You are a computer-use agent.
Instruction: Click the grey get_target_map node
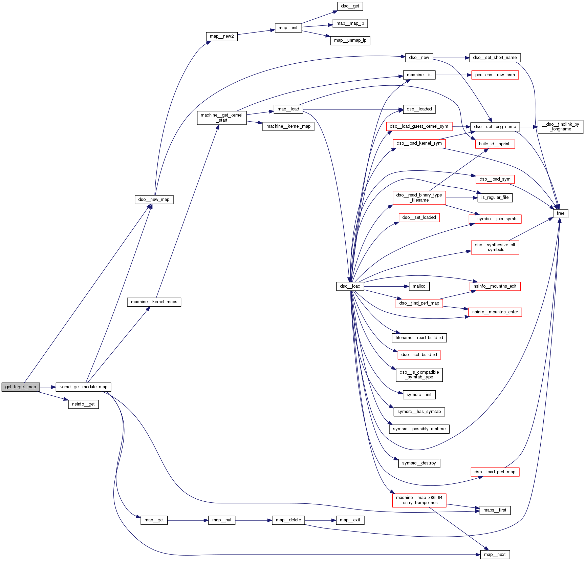click(21, 387)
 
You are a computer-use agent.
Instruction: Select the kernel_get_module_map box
click(83, 387)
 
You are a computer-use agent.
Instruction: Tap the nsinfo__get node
click(83, 404)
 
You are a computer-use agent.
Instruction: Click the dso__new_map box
click(154, 200)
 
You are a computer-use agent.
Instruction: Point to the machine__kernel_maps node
click(154, 302)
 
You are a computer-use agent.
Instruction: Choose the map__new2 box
click(222, 36)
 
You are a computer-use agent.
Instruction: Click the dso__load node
click(350, 286)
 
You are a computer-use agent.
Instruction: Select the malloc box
click(419, 286)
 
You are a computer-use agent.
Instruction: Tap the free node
click(560, 213)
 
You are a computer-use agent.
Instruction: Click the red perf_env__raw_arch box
click(495, 75)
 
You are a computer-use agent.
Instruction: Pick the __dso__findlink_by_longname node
click(560, 127)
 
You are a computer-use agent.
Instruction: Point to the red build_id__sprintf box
click(495, 144)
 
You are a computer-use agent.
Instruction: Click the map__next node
click(495, 555)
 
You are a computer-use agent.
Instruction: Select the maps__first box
click(495, 510)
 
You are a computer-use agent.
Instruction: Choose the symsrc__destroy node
click(419, 463)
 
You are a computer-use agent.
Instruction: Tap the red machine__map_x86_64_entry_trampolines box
click(419, 500)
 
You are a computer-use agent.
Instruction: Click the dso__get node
click(350, 6)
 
